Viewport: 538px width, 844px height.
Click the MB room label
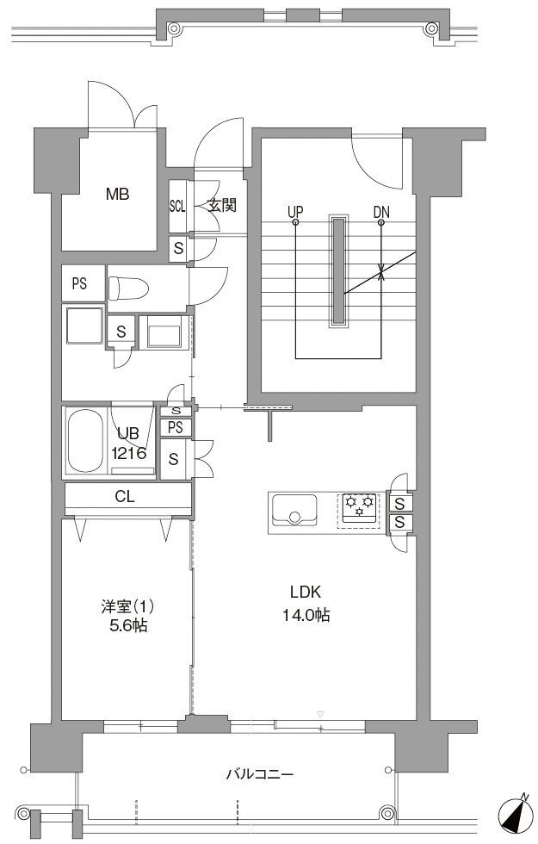pos(117,194)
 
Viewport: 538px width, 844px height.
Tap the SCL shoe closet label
pos(177,206)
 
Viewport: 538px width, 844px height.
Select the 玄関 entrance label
pos(222,205)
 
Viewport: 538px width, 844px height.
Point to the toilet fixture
pos(128,289)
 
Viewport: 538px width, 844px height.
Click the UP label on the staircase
pos(295,212)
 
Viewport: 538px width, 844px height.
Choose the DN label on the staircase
pos(381,212)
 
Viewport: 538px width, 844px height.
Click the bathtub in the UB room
pos(85,441)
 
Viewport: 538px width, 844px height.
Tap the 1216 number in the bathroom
pos(129,453)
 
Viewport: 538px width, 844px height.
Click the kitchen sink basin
pos(294,509)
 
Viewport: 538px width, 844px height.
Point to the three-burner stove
pos(359,509)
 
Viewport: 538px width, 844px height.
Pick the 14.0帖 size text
pos(306,615)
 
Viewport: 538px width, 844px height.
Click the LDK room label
pos(306,593)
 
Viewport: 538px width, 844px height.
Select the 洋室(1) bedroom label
pos(127,606)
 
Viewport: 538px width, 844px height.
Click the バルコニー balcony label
pos(260,774)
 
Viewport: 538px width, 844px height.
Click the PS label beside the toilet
pos(79,283)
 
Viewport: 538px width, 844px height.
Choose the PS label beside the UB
pos(176,427)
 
